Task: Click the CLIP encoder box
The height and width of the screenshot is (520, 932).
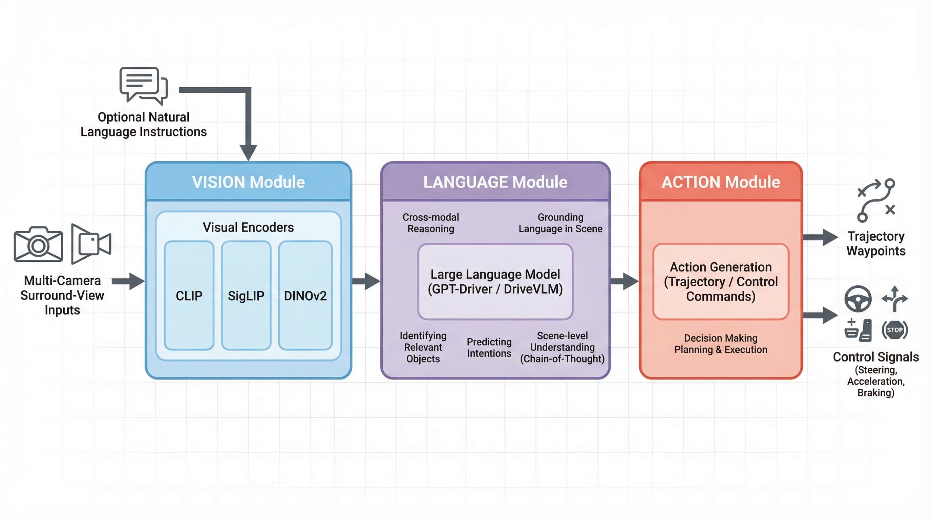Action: [189, 296]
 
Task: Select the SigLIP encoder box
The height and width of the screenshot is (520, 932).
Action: [246, 296]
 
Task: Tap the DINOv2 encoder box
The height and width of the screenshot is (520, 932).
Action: [305, 296]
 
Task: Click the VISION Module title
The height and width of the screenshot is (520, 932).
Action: [248, 182]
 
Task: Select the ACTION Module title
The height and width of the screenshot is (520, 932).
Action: [720, 182]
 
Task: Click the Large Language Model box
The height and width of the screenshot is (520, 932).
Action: [495, 281]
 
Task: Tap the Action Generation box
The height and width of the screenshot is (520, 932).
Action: [720, 281]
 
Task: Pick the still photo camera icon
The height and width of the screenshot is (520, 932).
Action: [38, 244]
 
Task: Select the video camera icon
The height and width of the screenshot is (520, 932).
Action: [90, 244]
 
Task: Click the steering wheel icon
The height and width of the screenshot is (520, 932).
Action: [857, 299]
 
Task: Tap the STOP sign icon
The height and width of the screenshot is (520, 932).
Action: [894, 330]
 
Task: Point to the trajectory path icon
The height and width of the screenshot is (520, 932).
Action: [875, 200]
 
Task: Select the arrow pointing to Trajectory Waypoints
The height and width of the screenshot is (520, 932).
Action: [820, 237]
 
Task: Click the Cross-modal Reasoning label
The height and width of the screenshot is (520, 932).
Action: [430, 223]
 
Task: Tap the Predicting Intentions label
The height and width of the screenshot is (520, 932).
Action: [489, 347]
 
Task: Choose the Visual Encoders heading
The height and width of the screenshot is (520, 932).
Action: [248, 227]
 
